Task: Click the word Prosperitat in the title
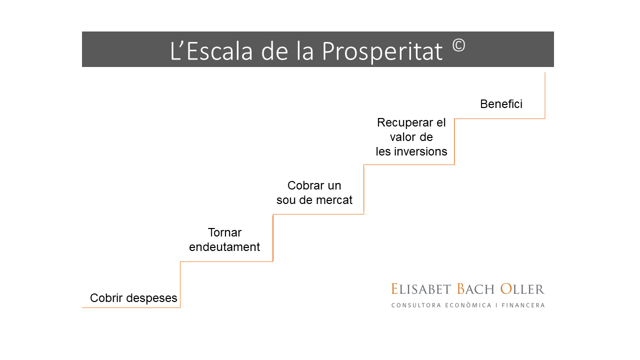coord(382,51)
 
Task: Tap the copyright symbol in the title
coord(459,45)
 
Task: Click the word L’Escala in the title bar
coord(211,51)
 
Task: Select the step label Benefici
coord(501,104)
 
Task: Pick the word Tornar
coord(224,232)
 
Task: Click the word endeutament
coord(224,247)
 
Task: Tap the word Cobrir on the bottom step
coord(106,298)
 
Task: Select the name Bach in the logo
coord(475,289)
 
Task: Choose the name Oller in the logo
coord(522,289)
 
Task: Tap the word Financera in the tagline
coord(523,305)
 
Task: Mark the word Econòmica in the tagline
coord(468,305)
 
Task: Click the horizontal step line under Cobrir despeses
coord(131,307)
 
